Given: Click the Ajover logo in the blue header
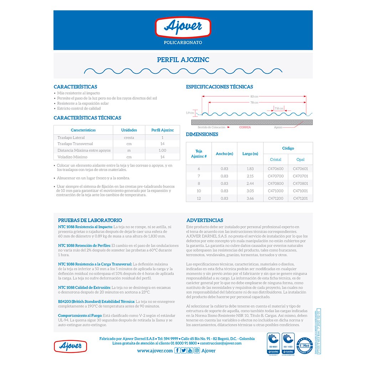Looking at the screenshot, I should pyautogui.click(x=183, y=28).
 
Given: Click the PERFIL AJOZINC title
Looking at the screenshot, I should pyautogui.click(x=183, y=60).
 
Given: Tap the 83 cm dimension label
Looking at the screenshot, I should pyautogui.click(x=254, y=96).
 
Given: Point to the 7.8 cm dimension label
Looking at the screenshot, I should pyautogui.click(x=279, y=108).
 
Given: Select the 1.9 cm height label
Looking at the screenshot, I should pyautogui.click(x=190, y=113).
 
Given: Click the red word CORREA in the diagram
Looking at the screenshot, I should pyautogui.click(x=245, y=127).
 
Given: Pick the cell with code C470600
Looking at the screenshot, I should pyautogui.click(x=276, y=169).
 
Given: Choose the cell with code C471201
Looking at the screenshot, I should pyautogui.click(x=300, y=199).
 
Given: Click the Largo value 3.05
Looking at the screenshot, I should pyautogui.click(x=250, y=191).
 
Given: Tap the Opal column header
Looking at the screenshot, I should pyautogui.click(x=300, y=159).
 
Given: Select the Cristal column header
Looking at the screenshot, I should pyautogui.click(x=276, y=159).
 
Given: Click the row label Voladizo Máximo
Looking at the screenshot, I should pyautogui.click(x=72, y=157).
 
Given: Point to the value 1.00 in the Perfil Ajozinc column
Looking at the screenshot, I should pyautogui.click(x=162, y=150).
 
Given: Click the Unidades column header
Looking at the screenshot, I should pyautogui.click(x=129, y=130).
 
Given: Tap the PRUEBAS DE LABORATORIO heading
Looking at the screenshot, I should pyautogui.click(x=90, y=220).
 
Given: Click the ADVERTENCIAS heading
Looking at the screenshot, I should pyautogui.click(x=205, y=220).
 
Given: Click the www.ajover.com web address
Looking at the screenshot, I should pyautogui.click(x=155, y=351).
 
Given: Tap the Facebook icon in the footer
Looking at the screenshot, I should pyautogui.click(x=177, y=351).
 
